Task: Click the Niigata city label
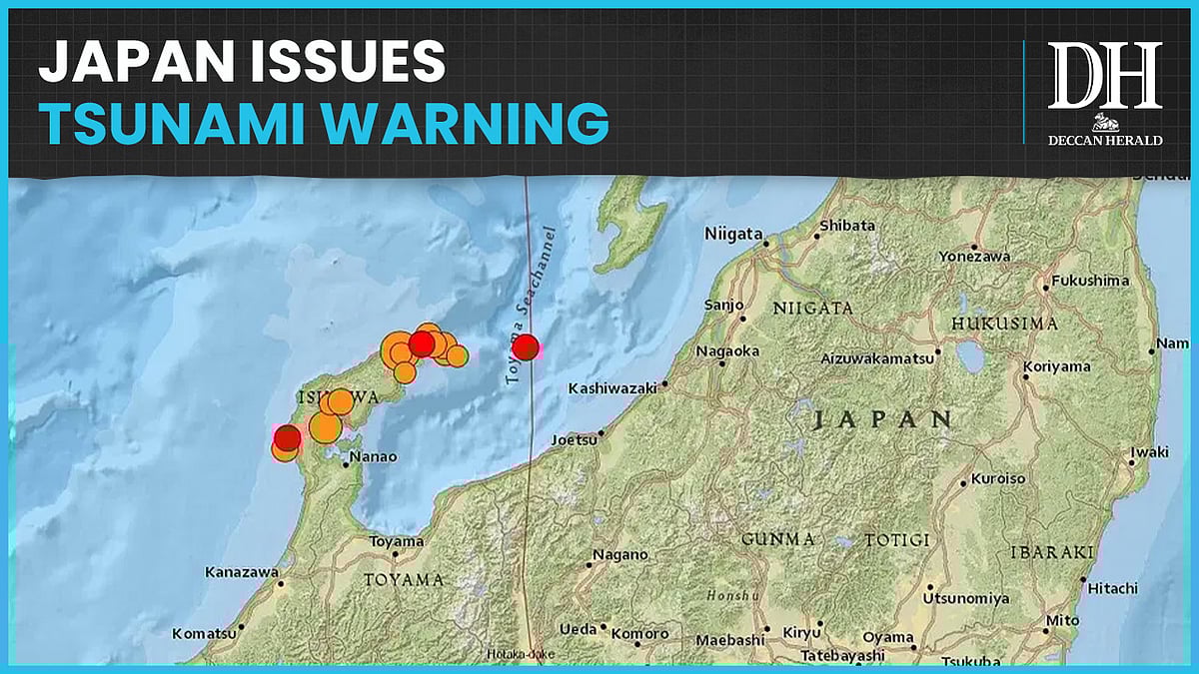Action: click(733, 233)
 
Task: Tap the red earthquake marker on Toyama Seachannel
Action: click(526, 346)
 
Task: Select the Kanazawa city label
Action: click(241, 572)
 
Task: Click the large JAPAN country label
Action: click(881, 418)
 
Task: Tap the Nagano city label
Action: click(619, 555)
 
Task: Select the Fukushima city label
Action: click(1091, 281)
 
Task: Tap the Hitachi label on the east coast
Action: click(1112, 588)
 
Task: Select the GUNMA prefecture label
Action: click(777, 539)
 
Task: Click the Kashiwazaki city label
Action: click(610, 387)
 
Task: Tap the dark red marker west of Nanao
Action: click(287, 437)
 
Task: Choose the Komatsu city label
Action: click(204, 633)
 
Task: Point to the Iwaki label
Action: click(1149, 452)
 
